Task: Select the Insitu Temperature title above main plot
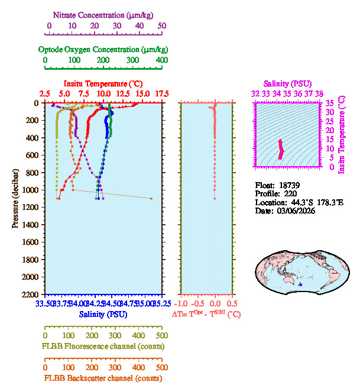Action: [102, 83]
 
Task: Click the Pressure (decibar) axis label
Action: [15, 198]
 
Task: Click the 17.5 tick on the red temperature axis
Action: [162, 93]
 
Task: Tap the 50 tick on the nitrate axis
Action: [162, 25]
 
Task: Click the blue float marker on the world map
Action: [301, 285]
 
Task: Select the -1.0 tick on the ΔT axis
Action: [184, 304]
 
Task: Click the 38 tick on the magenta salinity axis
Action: [319, 93]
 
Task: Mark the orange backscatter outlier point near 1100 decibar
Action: [151, 199]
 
